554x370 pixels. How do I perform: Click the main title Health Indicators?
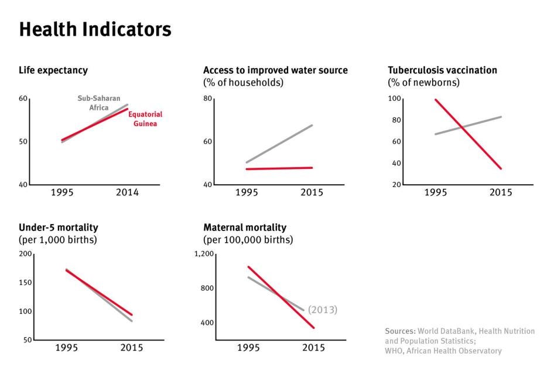click(95, 30)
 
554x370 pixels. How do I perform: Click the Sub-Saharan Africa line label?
click(99, 103)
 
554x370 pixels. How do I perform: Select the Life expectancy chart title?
click(53, 70)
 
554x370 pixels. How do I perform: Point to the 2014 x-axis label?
click(127, 193)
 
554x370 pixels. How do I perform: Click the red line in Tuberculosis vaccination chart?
click(467, 134)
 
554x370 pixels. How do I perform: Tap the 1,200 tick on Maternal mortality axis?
click(205, 254)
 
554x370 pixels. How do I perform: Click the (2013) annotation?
click(323, 310)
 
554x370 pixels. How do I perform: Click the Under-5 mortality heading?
click(58, 227)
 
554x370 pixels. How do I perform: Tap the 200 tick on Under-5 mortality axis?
click(25, 254)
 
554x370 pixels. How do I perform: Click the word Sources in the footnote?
click(400, 331)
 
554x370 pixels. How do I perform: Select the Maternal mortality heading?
click(245, 227)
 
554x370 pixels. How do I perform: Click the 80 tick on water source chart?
click(207, 99)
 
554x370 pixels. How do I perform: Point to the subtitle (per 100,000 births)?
click(248, 240)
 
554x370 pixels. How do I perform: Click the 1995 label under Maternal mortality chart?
click(248, 348)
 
